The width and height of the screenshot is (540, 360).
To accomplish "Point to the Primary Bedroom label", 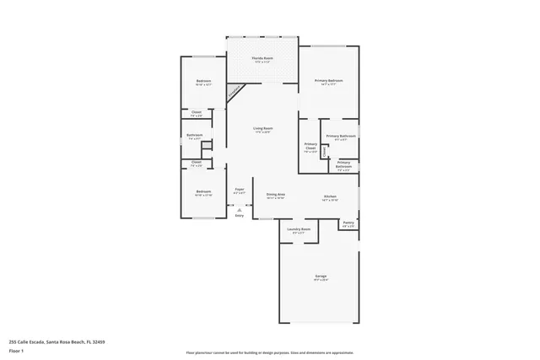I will pyautogui.click(x=329, y=82).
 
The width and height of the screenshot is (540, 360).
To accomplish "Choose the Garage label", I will pyautogui.click(x=321, y=276).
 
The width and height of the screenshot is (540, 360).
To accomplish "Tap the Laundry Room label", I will pyautogui.click(x=299, y=229).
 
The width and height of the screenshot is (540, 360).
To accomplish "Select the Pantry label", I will pyautogui.click(x=348, y=224).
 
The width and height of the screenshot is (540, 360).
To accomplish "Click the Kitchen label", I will pyautogui.click(x=330, y=197).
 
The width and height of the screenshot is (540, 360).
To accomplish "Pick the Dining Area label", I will pyautogui.click(x=276, y=195).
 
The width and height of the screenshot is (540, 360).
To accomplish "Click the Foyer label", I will pyautogui.click(x=240, y=191).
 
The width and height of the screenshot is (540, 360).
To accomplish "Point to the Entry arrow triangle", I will pyautogui.click(x=240, y=208).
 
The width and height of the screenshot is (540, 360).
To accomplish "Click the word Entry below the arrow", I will pyautogui.click(x=240, y=216).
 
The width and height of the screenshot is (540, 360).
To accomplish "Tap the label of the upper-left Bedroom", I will pyautogui.click(x=202, y=82).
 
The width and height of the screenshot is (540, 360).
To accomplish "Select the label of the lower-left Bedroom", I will pyautogui.click(x=203, y=192).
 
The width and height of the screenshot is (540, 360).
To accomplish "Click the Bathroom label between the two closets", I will pyautogui.click(x=195, y=136).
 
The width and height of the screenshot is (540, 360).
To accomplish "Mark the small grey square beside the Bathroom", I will pyautogui.click(x=205, y=146).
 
